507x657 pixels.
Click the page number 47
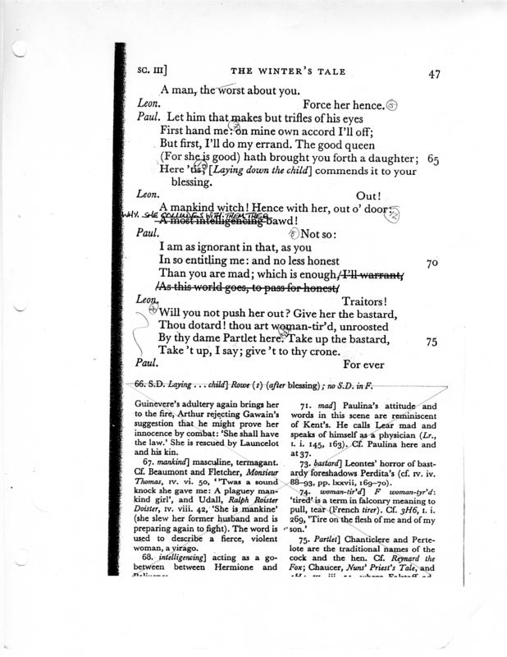435,73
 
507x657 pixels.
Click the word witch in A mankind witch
233,209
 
